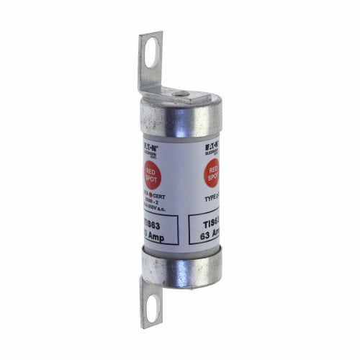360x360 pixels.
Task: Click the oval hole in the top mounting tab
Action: click(x=151, y=53)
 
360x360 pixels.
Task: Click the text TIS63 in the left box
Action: click(x=150, y=225)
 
